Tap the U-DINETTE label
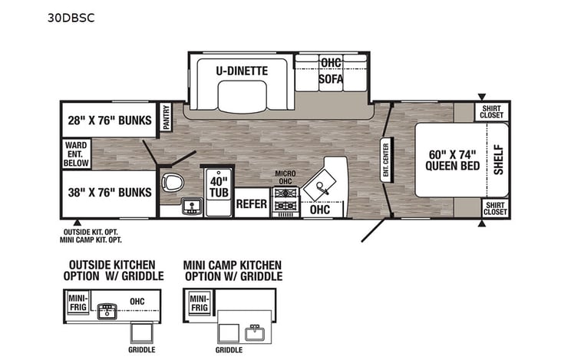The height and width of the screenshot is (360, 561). (241, 71)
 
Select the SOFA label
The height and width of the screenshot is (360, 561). (331, 79)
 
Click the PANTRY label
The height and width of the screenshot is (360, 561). (166, 117)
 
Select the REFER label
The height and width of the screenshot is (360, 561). (251, 204)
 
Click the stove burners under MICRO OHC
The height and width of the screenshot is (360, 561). (285, 201)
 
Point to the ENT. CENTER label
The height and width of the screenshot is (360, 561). (386, 160)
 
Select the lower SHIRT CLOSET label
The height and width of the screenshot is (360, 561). (495, 207)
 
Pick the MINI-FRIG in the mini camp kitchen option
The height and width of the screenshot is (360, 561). (199, 302)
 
